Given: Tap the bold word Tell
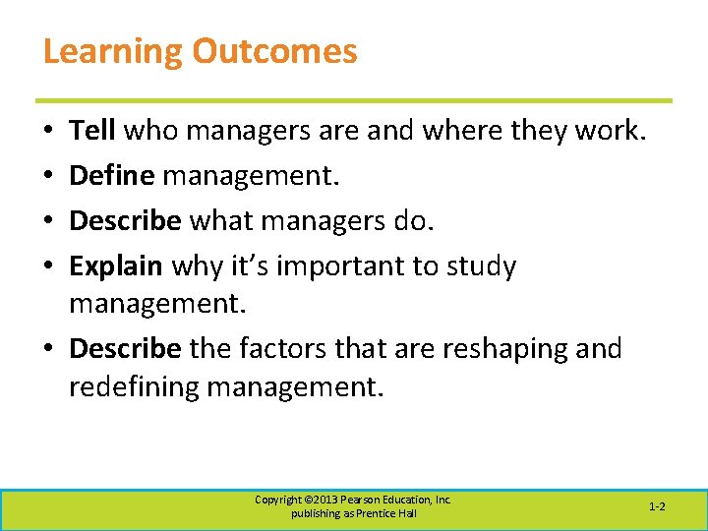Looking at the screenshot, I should pyautogui.click(x=92, y=131).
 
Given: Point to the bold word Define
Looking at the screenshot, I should pyautogui.click(x=111, y=176).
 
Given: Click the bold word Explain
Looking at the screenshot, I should pyautogui.click(x=115, y=265).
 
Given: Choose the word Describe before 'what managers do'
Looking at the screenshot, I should pyautogui.click(x=125, y=221).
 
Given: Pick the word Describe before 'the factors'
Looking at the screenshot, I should pyautogui.click(x=125, y=349).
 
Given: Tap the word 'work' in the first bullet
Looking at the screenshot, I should pyautogui.click(x=607, y=131).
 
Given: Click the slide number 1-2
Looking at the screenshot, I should pyautogui.click(x=657, y=506).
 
